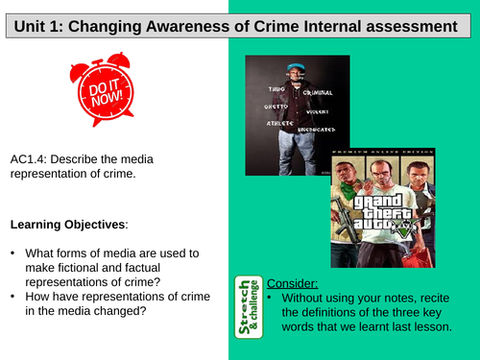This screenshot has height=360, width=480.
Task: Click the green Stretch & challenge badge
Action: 247,306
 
